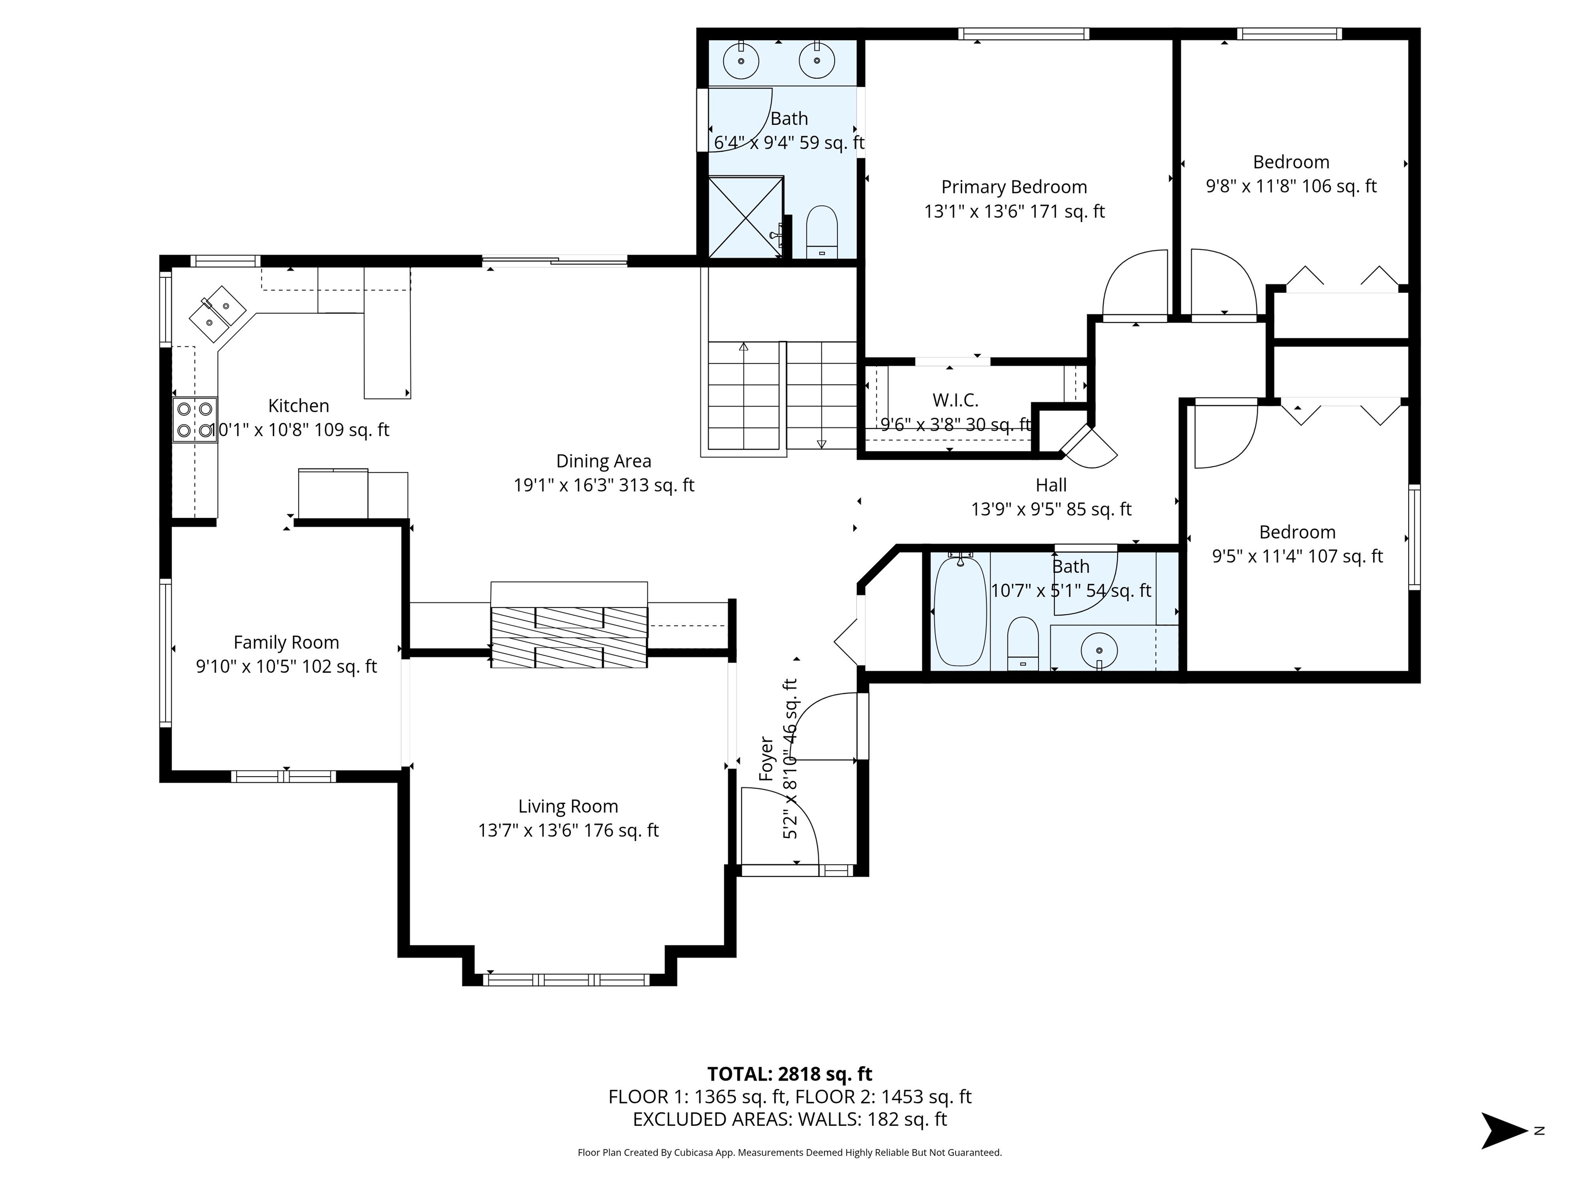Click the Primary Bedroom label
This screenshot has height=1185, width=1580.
[1014, 187]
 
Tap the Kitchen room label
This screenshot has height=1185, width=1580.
[299, 406]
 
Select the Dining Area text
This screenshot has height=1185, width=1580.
[604, 461]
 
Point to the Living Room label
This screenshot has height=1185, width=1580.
[568, 806]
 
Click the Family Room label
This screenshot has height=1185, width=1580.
[286, 643]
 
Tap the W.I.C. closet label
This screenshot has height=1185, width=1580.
[955, 400]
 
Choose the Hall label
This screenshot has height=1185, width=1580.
[1051, 485]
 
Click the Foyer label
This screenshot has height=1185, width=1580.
[766, 759]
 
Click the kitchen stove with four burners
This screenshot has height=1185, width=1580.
[195, 419]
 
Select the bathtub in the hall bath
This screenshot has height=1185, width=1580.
[960, 612]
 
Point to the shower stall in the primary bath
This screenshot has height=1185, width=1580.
[745, 217]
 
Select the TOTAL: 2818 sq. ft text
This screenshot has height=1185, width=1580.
[789, 1074]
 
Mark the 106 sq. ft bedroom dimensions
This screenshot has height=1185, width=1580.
[1291, 186]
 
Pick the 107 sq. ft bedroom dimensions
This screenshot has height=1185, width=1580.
[1297, 556]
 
